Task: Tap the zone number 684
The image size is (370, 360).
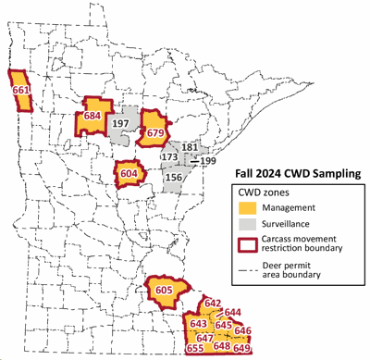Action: point(92,117)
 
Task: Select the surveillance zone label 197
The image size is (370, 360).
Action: point(119,125)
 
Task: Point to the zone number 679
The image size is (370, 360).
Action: point(154,132)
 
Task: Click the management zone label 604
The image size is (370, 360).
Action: point(129,173)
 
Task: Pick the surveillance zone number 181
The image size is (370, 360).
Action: point(190,148)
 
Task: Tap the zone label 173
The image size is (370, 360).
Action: point(170,158)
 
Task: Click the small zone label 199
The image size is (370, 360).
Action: point(207,162)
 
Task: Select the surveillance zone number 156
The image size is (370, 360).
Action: point(173,179)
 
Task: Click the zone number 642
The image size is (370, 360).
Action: point(212,304)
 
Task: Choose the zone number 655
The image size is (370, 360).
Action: point(195,349)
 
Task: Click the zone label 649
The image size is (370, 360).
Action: point(242,349)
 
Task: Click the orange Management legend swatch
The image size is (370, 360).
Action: point(240,208)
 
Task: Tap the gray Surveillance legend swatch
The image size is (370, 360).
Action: point(240,224)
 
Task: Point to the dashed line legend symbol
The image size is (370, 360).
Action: point(240,266)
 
